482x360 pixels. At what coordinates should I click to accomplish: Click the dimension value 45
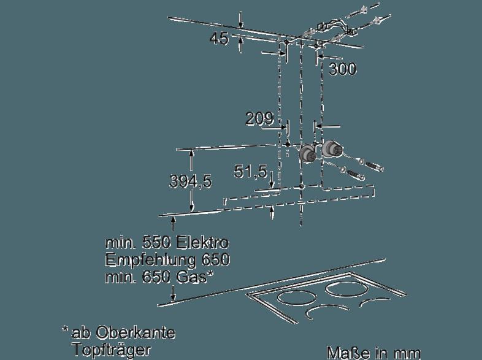[x=219, y=39]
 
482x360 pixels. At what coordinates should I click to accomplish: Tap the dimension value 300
[x=343, y=69]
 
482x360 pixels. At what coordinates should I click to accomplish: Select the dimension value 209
[x=259, y=118]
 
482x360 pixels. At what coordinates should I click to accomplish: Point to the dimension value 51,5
[x=251, y=172]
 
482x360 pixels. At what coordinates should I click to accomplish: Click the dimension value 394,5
[x=191, y=182]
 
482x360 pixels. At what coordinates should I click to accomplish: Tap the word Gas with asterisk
[x=194, y=277]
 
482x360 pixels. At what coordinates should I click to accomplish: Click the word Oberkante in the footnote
[x=136, y=332]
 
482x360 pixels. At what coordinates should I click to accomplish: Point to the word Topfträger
[x=112, y=350]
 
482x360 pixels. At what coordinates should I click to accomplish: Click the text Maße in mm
[x=373, y=353]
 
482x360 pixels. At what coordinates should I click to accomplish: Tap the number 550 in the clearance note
[x=156, y=243]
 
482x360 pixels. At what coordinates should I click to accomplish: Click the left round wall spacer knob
[x=307, y=153]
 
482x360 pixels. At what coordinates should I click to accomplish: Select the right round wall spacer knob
[x=331, y=149]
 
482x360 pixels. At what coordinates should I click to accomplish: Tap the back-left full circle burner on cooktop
[x=297, y=298]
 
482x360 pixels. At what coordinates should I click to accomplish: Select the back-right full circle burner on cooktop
[x=346, y=289]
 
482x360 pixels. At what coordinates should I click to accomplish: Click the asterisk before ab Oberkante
[x=65, y=329]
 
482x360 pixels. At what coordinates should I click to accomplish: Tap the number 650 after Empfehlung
[x=216, y=261]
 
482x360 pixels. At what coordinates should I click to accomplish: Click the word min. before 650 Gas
[x=120, y=277]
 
